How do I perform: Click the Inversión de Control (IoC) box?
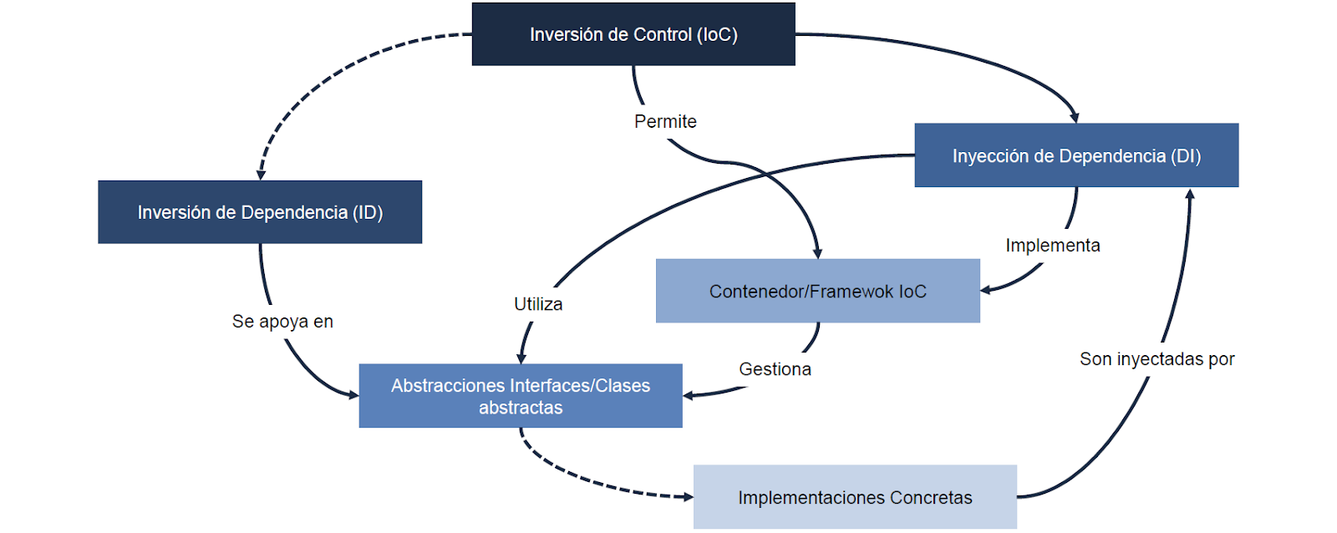click(633, 34)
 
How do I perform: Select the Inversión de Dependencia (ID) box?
click(260, 212)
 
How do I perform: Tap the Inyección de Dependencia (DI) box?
click(1076, 155)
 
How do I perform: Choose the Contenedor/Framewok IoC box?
click(818, 291)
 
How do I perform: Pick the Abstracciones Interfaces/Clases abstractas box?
click(521, 396)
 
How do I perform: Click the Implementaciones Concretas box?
click(855, 496)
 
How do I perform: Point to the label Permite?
click(665, 121)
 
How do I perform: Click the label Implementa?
click(1053, 246)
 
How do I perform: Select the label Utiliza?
click(538, 304)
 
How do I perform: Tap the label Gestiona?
click(775, 369)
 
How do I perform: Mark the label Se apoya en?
click(282, 322)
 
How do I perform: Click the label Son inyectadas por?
click(1157, 358)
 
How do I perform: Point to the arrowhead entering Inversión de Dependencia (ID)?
click(261, 175)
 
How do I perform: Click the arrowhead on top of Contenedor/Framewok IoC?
click(818, 254)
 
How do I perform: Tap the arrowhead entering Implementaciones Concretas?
click(689, 496)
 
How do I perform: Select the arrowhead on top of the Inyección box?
click(1075, 118)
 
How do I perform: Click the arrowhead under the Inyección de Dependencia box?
click(1190, 193)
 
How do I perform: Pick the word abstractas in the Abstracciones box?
click(521, 408)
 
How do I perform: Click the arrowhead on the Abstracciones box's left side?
click(353, 394)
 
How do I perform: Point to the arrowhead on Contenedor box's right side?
click(986, 290)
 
